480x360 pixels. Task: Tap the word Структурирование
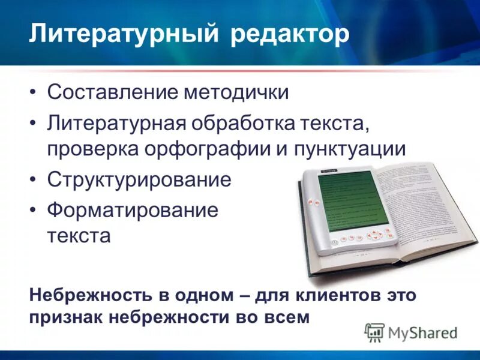139,180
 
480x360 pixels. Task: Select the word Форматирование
133,211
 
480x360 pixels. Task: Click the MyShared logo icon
374,331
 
